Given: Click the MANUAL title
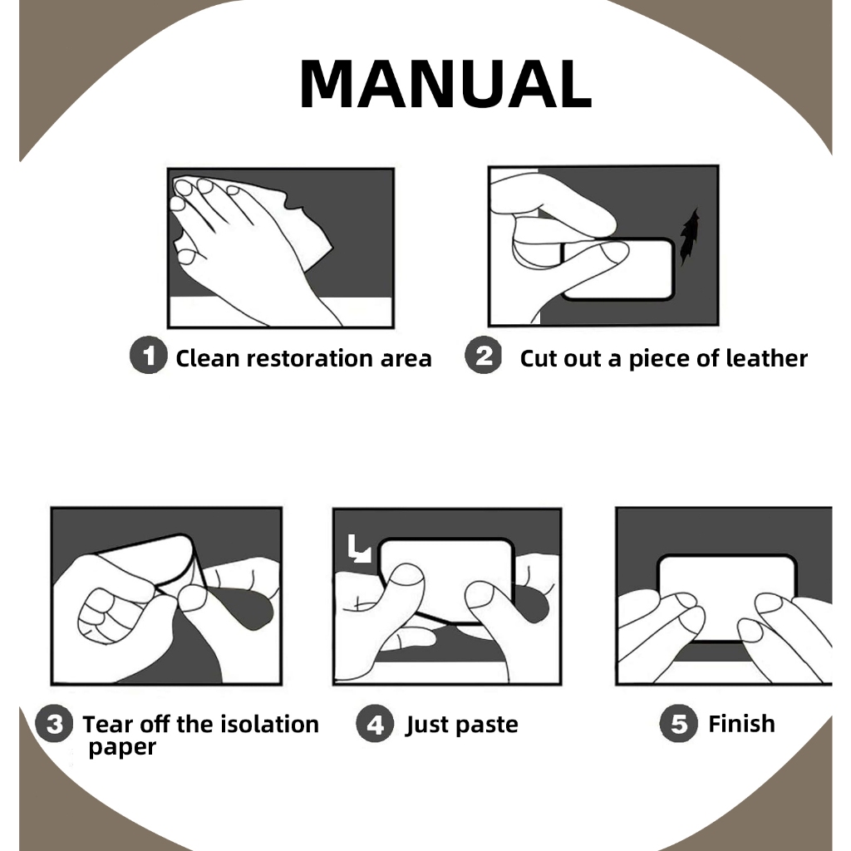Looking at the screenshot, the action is point(445,84).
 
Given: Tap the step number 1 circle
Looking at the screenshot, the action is point(148,355).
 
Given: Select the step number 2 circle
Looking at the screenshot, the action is point(484,355).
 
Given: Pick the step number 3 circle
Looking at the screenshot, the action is point(54,723).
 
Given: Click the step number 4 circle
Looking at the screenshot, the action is point(375,723).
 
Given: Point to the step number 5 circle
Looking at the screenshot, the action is point(678,723).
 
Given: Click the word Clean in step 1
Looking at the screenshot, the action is point(207,358).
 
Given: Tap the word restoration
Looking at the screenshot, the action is point(309,358).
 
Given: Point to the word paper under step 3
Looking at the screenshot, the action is point(122,748).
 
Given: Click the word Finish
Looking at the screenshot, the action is point(742,724).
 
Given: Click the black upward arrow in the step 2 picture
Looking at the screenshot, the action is point(689,237).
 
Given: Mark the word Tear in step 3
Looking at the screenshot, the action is point(107,724).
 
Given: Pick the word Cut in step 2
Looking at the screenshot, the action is point(539,358).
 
